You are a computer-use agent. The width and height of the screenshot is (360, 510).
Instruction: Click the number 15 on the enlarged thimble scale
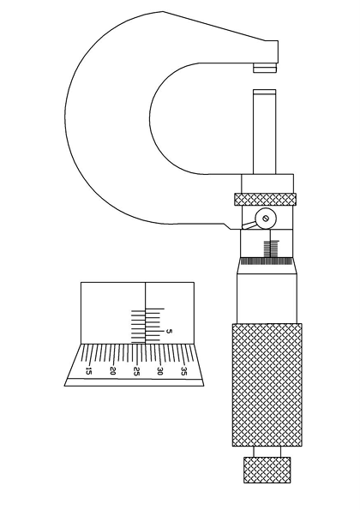(88, 371)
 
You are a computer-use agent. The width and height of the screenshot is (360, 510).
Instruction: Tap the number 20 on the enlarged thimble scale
(113, 371)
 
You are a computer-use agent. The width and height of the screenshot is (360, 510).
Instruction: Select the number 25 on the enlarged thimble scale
(137, 372)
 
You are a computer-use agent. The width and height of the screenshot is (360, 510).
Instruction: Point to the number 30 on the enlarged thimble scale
(159, 371)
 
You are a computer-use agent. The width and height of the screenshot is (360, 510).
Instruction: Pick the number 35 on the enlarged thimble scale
(184, 371)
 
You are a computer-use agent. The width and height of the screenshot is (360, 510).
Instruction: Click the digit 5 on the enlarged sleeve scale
(169, 332)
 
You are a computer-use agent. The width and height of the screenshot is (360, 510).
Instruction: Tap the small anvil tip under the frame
(265, 68)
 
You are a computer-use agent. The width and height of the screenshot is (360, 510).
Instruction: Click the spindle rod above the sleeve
(264, 132)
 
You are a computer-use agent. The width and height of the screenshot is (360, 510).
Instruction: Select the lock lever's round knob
(266, 219)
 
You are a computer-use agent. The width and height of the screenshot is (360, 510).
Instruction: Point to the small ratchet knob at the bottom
(267, 470)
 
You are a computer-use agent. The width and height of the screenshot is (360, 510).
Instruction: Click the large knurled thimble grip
(267, 385)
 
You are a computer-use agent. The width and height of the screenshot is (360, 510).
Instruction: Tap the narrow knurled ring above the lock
(266, 200)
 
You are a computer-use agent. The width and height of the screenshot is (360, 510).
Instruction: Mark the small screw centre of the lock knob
(266, 219)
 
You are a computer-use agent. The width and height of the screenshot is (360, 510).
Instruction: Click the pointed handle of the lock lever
(249, 225)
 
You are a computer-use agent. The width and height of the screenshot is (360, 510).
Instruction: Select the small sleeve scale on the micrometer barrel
(271, 249)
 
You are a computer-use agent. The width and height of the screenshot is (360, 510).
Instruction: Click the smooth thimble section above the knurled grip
(267, 298)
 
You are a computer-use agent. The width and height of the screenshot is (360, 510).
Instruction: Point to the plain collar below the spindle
(267, 183)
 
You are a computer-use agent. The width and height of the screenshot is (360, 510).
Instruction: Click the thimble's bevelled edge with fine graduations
(267, 265)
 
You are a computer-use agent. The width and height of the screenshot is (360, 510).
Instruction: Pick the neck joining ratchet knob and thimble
(267, 452)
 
